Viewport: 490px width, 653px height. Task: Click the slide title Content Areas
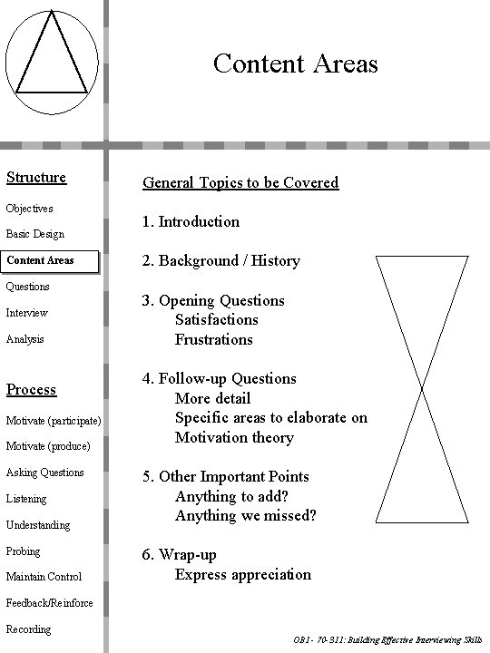pos(295,63)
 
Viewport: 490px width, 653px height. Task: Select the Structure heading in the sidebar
pos(36,177)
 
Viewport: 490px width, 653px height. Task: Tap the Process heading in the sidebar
pos(31,389)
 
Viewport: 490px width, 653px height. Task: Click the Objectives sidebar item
pos(30,208)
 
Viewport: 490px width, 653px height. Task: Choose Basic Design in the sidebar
pos(35,234)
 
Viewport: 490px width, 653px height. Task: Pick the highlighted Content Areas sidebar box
pos(41,261)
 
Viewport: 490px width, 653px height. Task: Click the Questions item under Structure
pos(28,287)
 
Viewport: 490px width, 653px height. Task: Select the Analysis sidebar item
pos(25,339)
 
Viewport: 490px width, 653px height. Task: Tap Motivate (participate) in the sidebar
pos(54,421)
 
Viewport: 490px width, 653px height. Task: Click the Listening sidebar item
pos(26,499)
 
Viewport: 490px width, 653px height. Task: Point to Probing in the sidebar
pos(24,551)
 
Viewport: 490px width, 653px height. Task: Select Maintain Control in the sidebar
pos(44,577)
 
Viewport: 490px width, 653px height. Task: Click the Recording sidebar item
pos(29,629)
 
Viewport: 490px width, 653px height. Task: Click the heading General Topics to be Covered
pos(240,182)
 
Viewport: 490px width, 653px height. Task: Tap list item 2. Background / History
pos(220,261)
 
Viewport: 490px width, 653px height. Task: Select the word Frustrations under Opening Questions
pos(214,339)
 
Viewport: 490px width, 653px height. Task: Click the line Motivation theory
pos(234,437)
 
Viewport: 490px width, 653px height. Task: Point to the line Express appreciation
pos(243,574)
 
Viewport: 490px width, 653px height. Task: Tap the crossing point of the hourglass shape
pos(422,391)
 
